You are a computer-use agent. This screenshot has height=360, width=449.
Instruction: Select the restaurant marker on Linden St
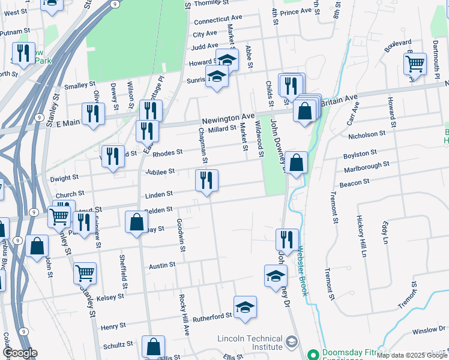click(x=206, y=181)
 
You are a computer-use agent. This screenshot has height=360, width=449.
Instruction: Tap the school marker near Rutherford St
click(x=245, y=308)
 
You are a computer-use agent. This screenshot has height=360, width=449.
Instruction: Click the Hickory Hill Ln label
click(x=362, y=235)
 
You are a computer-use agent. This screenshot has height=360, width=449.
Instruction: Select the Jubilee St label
click(x=160, y=172)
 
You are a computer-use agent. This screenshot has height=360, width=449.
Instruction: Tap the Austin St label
click(x=162, y=265)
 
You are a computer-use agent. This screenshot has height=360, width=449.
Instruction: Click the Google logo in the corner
click(x=20, y=353)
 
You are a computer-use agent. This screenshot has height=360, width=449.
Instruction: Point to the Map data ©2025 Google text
click(x=411, y=356)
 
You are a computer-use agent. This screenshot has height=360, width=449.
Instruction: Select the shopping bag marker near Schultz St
click(x=153, y=347)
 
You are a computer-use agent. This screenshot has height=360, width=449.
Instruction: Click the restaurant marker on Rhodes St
click(x=113, y=157)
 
